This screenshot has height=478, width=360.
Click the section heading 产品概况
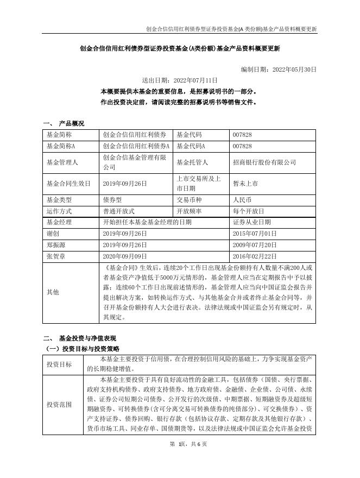[x=72, y=123]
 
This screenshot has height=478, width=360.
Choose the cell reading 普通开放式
[x=118, y=211]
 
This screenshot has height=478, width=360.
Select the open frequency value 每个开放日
[x=248, y=211]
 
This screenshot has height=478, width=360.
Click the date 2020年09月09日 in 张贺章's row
[x=125, y=255]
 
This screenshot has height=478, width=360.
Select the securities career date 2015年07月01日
[x=255, y=233]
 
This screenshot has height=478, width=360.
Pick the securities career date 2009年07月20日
[x=255, y=244]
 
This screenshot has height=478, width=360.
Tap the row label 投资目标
[x=58, y=364]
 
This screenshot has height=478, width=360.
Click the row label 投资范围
[x=58, y=405]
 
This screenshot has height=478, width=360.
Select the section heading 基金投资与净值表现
[x=87, y=338]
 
